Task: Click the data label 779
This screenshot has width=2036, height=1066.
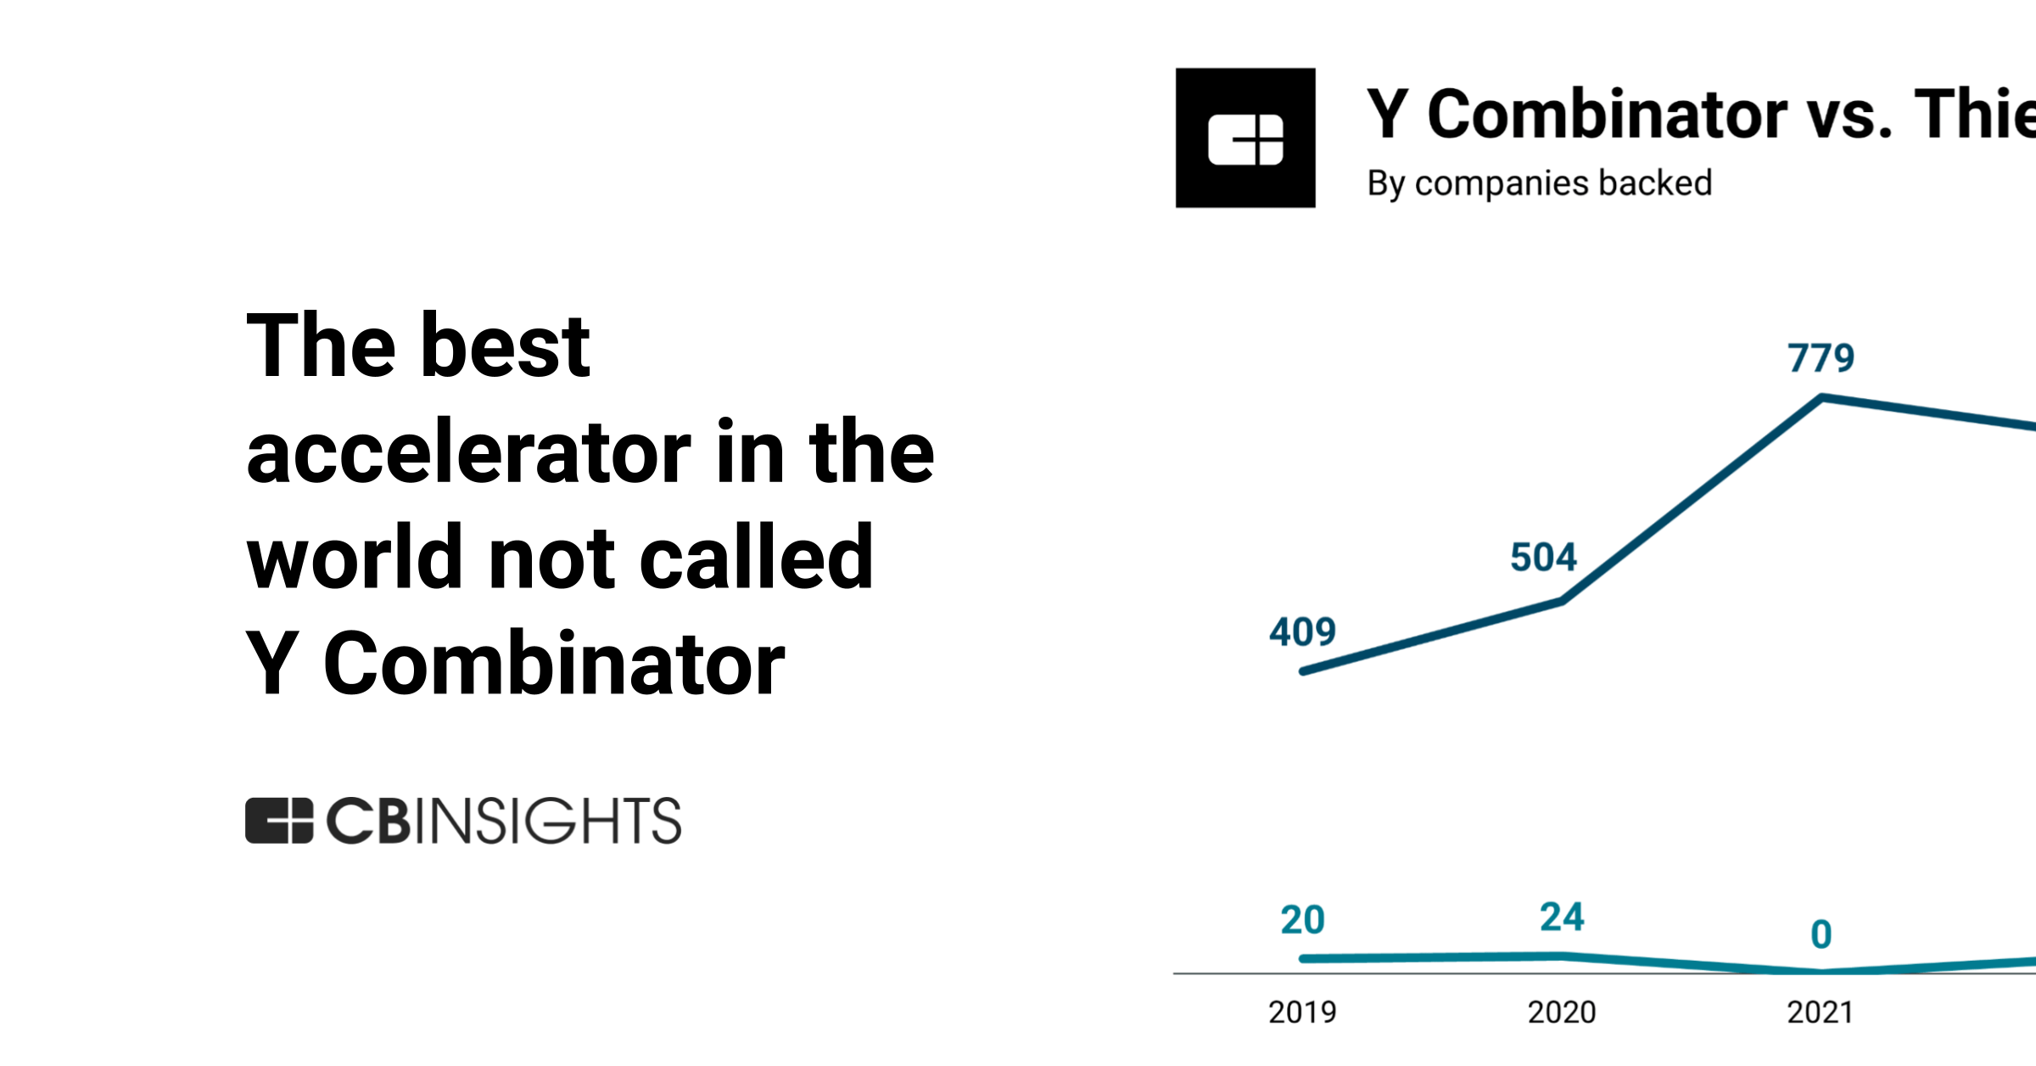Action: click(x=1821, y=357)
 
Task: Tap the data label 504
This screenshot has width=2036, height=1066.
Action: click(x=1543, y=558)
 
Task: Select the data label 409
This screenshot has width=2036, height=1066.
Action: click(x=1302, y=631)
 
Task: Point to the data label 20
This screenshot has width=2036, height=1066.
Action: click(x=1302, y=920)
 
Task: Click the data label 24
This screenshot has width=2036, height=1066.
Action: click(x=1562, y=917)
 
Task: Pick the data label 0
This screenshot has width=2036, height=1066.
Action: click(x=1821, y=934)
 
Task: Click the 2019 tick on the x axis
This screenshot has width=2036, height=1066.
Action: click(x=1302, y=1012)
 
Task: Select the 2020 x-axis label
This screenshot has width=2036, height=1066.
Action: click(x=1562, y=1012)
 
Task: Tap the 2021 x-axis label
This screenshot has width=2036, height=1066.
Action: click(x=1821, y=1012)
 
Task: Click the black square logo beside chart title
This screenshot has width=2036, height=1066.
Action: click(x=1245, y=137)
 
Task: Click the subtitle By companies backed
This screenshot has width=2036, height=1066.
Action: click(x=1539, y=183)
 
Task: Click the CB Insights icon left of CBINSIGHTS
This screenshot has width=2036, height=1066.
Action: click(x=279, y=821)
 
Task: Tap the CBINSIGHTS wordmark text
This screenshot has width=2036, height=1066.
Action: click(x=504, y=821)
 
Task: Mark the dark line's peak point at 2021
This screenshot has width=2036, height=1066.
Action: click(x=1822, y=397)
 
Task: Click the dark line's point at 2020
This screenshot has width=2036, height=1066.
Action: click(x=1562, y=601)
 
